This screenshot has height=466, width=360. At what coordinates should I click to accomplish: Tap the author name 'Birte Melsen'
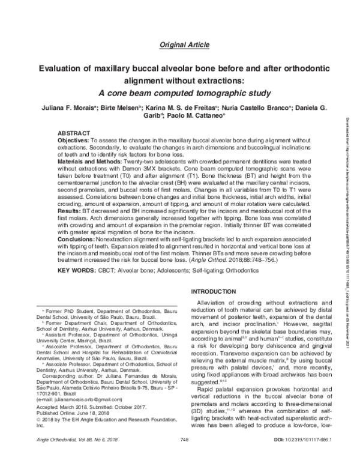coord(129,108)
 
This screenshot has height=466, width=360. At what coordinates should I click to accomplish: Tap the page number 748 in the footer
coord(185,457)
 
